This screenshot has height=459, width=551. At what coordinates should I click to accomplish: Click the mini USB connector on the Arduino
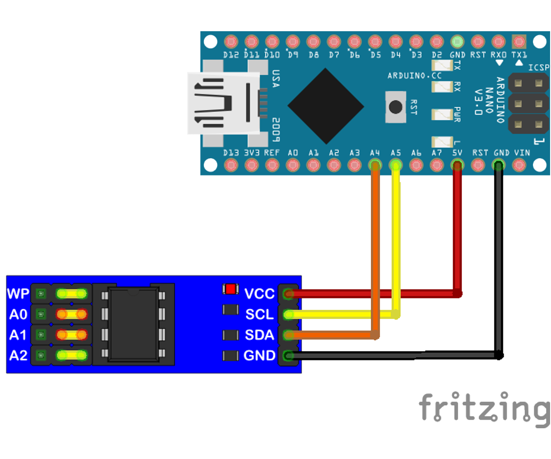tap(224, 103)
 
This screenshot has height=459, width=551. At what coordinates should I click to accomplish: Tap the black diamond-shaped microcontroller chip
tap(326, 106)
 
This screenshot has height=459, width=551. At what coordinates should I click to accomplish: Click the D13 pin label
tap(231, 153)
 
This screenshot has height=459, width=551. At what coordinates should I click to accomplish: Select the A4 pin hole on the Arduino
tap(375, 165)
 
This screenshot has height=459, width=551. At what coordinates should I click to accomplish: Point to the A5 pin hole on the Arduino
tap(395, 165)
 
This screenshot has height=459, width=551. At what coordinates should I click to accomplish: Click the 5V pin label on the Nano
tap(457, 153)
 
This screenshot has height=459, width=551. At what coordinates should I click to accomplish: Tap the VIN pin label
tap(522, 153)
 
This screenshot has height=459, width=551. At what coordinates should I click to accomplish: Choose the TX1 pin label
tap(519, 55)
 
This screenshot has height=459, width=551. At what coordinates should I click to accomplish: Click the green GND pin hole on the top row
tap(457, 42)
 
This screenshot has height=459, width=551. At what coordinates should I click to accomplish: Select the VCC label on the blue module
tap(259, 294)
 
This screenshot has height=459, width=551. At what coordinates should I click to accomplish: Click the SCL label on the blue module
tap(259, 314)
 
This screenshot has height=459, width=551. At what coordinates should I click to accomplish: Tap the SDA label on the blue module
tap(259, 335)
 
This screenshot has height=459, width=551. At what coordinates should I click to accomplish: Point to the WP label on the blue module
tap(18, 294)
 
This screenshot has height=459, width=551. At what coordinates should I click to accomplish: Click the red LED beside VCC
tap(231, 289)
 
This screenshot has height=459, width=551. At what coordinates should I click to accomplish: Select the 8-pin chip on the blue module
tap(133, 325)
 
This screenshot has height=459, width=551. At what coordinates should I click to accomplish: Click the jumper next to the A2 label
tap(72, 356)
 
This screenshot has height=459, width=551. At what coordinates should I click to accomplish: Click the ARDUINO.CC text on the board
tap(414, 76)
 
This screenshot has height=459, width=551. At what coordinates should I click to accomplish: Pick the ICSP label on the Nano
tap(539, 67)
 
